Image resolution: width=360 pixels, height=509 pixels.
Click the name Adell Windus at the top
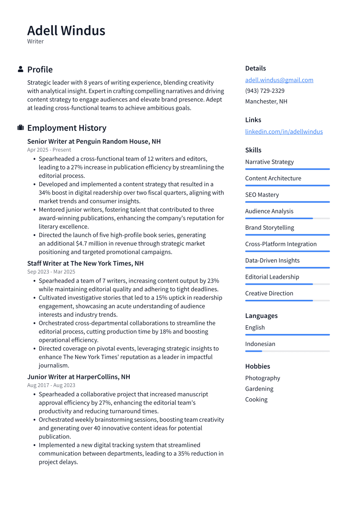(66, 31)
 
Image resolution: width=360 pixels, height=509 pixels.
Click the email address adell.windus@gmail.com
(279, 80)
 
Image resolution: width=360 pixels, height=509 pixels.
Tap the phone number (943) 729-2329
(264, 91)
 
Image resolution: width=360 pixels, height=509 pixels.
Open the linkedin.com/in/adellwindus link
(284, 131)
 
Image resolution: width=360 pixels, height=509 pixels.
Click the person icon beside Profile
(20, 70)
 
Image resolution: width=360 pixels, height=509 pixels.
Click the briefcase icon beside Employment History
(20, 128)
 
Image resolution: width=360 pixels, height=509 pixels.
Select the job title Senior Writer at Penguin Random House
(94, 141)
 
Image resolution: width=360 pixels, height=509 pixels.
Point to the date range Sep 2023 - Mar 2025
(51, 272)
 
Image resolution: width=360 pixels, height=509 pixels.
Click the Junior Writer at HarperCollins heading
(79, 377)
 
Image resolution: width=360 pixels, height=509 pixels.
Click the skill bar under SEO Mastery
(287, 202)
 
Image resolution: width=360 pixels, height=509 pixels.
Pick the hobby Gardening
(259, 389)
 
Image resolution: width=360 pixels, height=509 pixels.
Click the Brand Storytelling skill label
(269, 228)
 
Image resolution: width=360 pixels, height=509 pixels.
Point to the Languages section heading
(261, 316)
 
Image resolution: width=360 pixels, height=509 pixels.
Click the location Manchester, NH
(266, 102)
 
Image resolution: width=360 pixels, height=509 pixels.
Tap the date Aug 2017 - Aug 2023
(51, 385)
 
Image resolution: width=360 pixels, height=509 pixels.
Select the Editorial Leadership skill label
(272, 277)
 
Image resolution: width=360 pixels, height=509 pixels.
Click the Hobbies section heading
(258, 366)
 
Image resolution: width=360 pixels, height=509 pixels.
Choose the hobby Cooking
(256, 400)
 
